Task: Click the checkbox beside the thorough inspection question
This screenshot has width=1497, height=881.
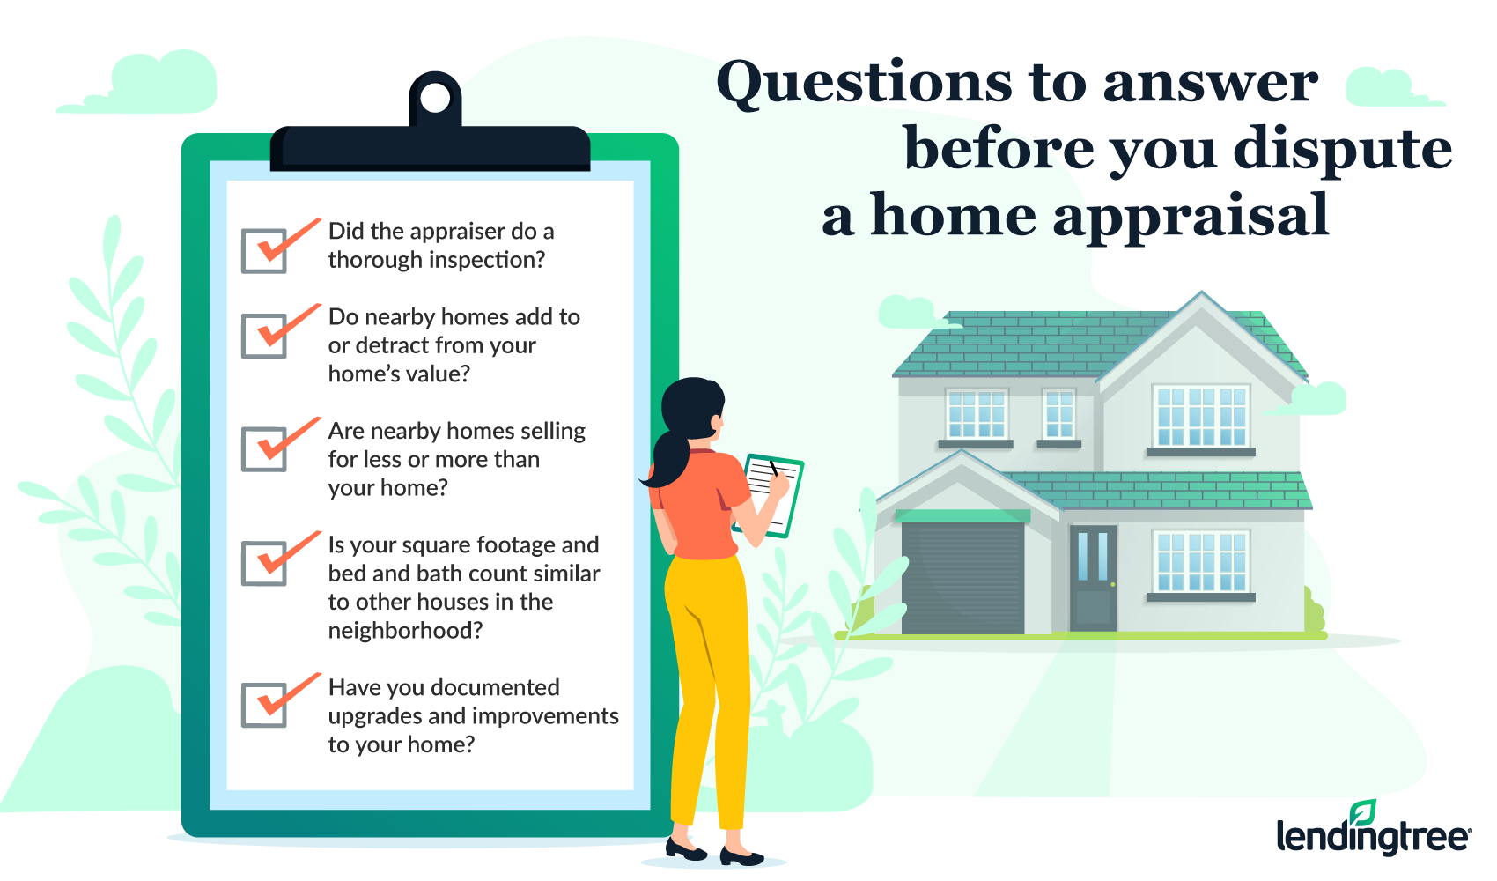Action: pos(264,251)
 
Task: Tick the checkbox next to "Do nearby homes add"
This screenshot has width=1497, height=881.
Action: pos(264,337)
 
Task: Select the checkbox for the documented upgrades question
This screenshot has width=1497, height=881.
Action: pos(264,705)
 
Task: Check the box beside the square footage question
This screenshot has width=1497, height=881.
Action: pos(264,564)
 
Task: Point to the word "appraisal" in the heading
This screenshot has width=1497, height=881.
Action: pos(1191,217)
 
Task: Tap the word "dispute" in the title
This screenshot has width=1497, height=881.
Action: pos(1342,151)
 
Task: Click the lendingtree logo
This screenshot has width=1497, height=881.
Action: pos(1373,829)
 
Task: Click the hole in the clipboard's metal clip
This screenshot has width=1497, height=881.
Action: pos(435,99)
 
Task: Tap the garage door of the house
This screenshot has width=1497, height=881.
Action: pos(962,578)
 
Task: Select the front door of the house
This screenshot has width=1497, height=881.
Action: pos(1093,579)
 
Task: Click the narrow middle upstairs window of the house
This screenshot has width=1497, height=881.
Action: pos(1059,414)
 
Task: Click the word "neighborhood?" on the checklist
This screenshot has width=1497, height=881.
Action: pos(405,631)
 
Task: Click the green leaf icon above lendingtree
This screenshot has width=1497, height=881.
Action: pos(1362,812)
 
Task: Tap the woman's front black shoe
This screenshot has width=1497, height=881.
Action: pos(741,856)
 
